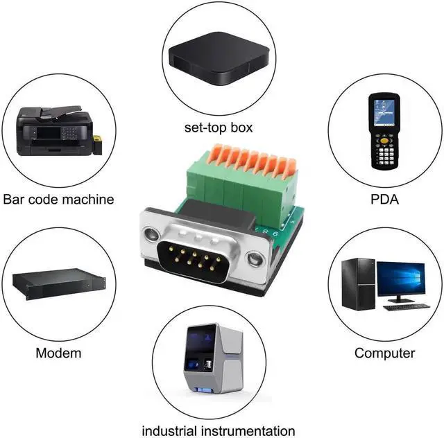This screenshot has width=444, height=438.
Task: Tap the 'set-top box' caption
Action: tap(219, 128)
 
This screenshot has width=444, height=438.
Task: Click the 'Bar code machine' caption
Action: tap(58, 200)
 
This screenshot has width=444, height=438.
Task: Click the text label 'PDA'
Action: tap(384, 200)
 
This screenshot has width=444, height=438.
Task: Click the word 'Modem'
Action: tap(58, 353)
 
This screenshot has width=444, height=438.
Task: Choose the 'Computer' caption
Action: tap(384, 353)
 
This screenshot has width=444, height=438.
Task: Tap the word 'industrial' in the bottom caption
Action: tap(167, 430)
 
